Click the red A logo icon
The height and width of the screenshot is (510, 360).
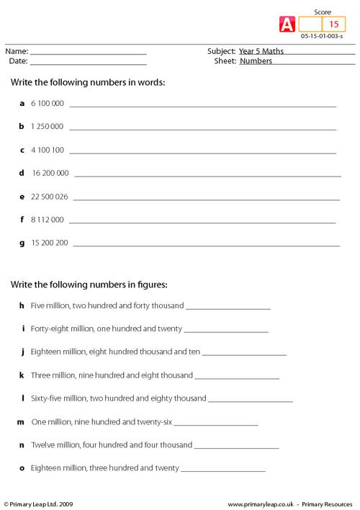[285, 24]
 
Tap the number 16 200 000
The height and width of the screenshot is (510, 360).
[50, 173]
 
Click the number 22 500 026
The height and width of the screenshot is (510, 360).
[50, 196]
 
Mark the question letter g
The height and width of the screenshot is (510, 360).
[22, 243]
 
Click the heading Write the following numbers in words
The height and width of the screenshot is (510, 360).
[88, 82]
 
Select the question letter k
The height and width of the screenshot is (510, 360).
[22, 375]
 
